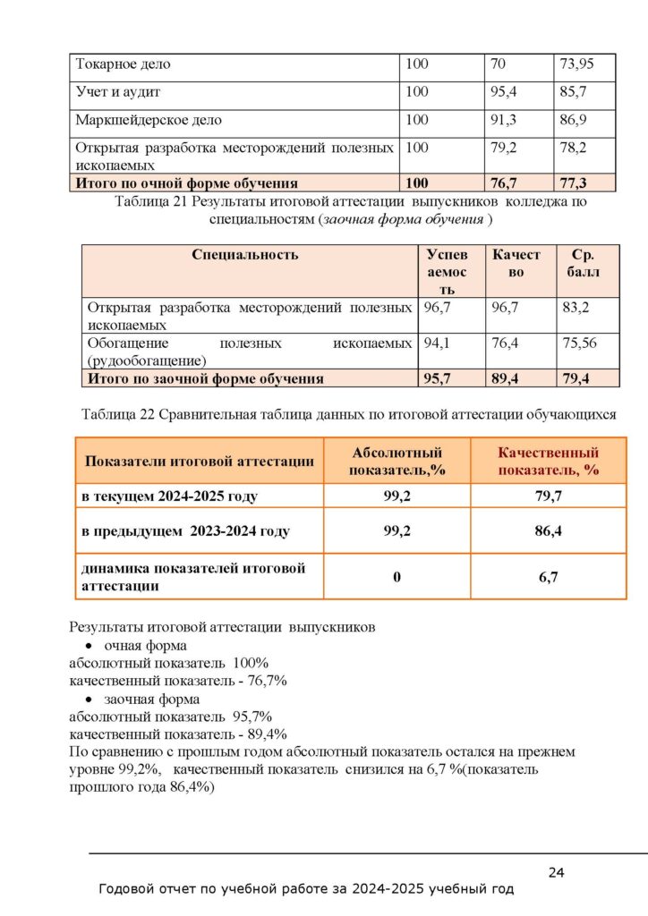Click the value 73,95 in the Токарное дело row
[x=576, y=64]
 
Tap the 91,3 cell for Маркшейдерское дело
[x=505, y=119]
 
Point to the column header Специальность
[x=244, y=255]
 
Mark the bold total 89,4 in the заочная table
[x=508, y=378]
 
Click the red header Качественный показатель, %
[x=548, y=462]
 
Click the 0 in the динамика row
[x=396, y=577]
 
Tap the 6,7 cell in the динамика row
[x=548, y=577]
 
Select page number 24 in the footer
[x=555, y=873]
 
